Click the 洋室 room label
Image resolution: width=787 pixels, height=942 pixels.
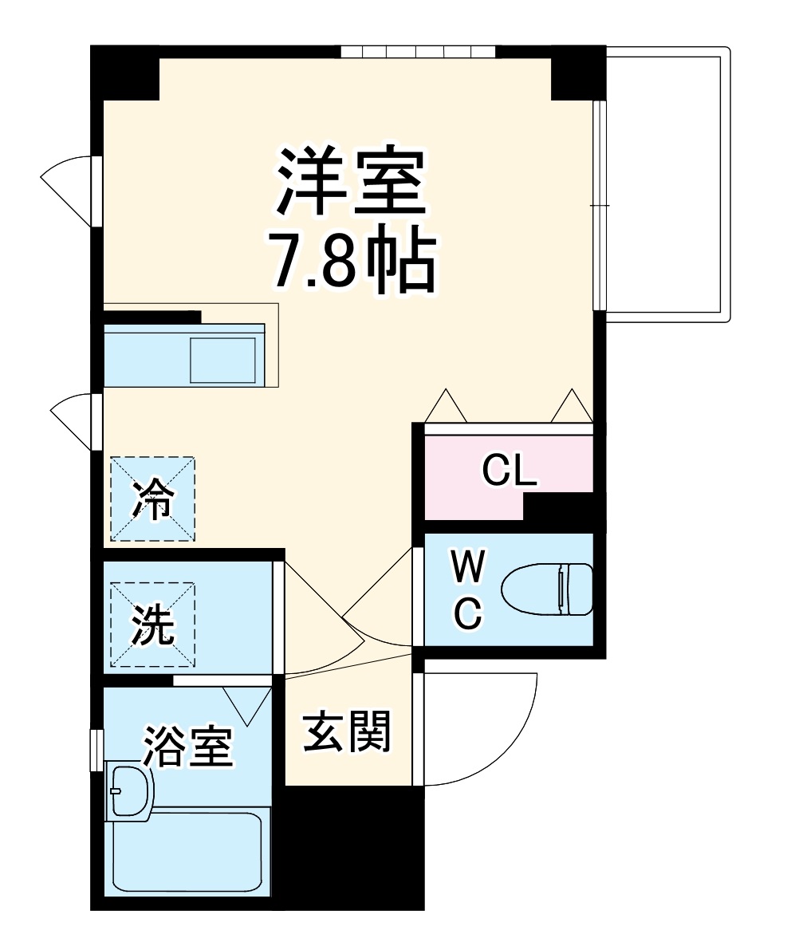[348, 182]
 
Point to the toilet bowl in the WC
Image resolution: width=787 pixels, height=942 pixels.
[548, 590]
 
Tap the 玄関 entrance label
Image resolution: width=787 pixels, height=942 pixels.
[346, 731]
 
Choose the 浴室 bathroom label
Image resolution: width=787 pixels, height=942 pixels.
[187, 747]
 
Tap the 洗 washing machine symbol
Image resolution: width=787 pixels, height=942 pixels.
[153, 625]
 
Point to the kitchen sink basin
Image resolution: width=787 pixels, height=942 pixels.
[222, 360]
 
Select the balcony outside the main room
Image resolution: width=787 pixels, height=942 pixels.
[667, 183]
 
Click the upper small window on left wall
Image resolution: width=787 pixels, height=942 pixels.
[95, 191]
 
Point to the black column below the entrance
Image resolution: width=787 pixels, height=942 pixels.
[354, 845]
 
